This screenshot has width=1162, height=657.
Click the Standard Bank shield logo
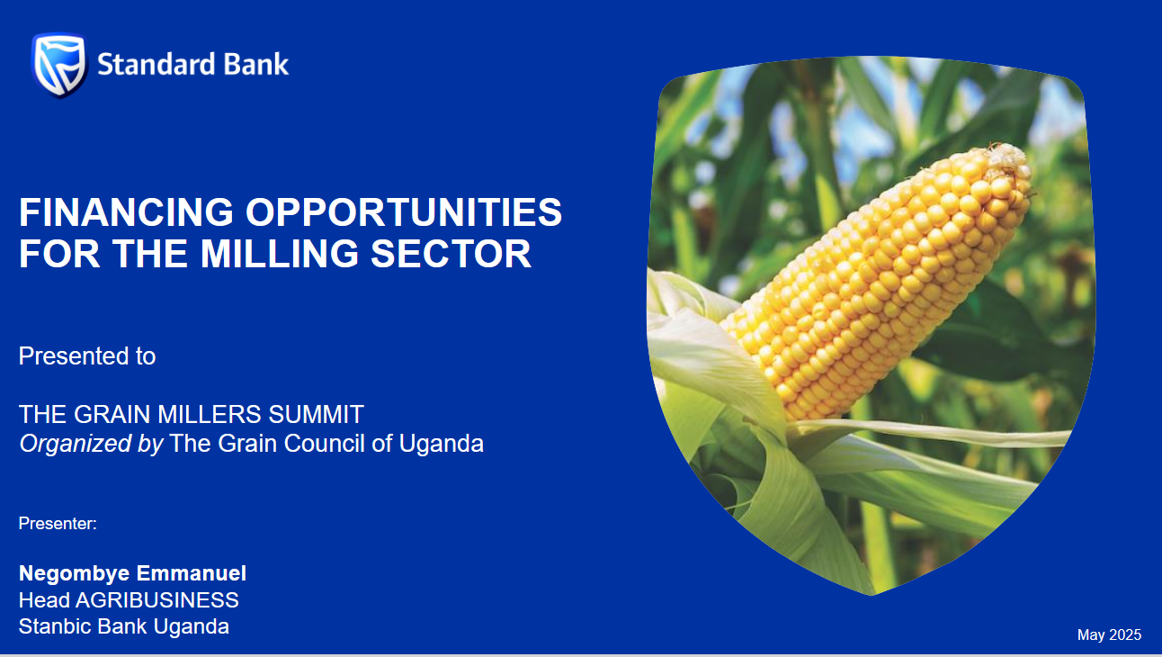[59, 65]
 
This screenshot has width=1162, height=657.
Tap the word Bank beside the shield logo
[255, 65]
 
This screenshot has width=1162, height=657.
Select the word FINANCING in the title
[127, 212]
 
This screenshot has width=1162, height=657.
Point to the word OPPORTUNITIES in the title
[404, 212]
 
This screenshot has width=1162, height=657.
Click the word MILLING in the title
[280, 254]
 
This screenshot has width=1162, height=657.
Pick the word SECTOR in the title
[451, 254]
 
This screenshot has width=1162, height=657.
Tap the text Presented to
[87, 356]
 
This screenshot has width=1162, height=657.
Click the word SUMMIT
[316, 415]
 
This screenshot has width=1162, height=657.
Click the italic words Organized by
[92, 445]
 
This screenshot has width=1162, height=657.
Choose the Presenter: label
[58, 523]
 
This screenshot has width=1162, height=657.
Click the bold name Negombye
[74, 574]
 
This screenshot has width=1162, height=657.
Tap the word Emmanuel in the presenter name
[191, 573]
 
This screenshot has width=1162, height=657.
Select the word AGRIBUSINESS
[157, 600]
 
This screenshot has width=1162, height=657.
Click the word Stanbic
[55, 626]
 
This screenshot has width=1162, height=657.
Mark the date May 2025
[1109, 634]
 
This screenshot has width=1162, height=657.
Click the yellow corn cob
[877, 283]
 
